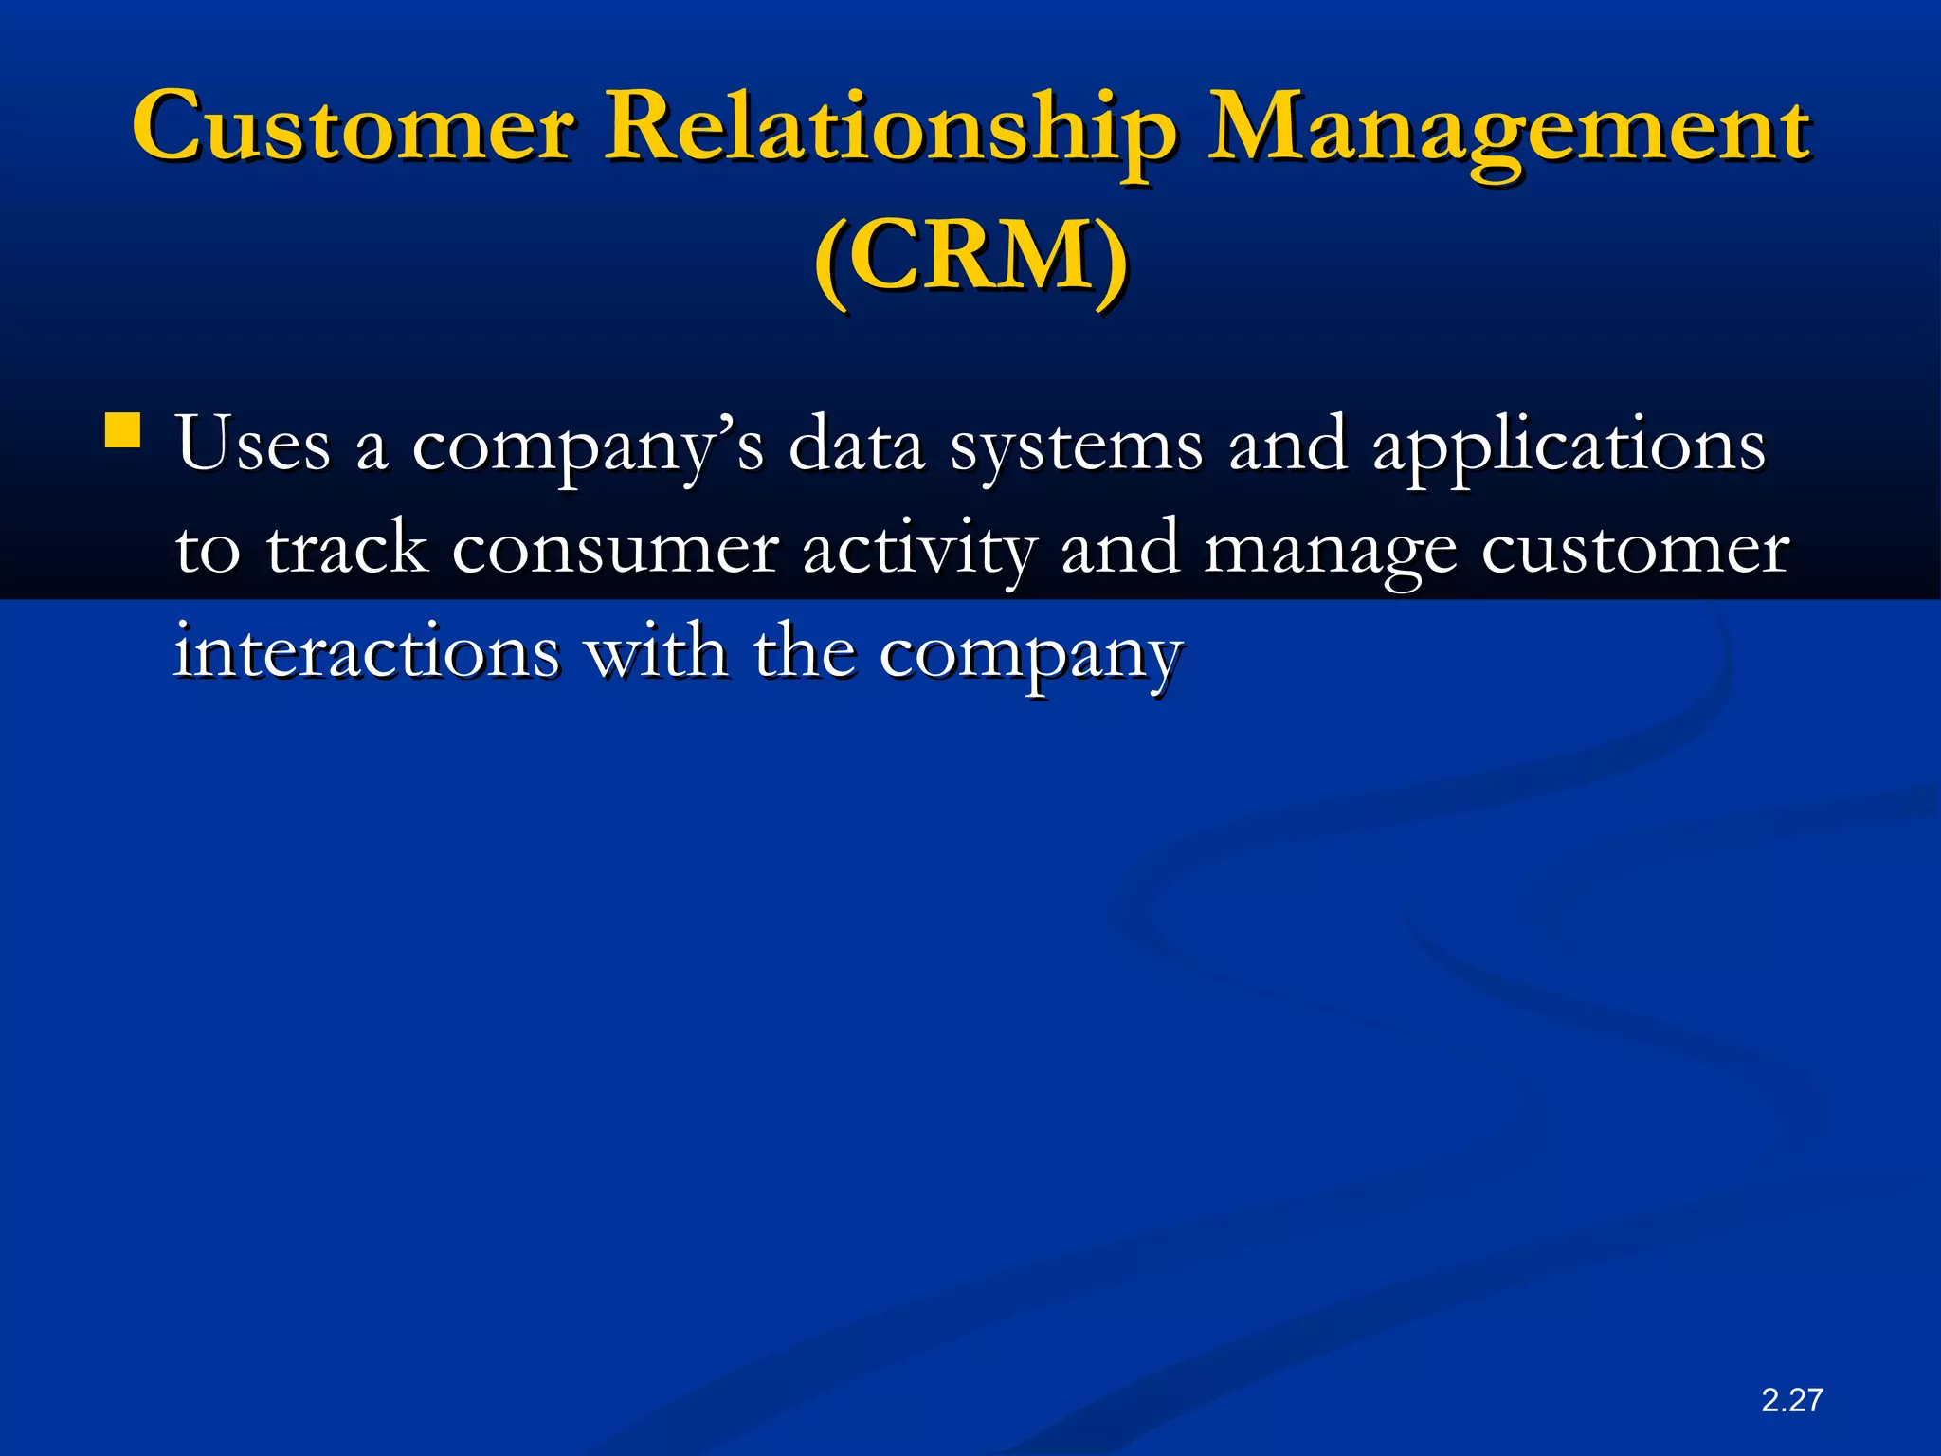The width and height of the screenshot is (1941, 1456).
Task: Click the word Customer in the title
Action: tap(353, 127)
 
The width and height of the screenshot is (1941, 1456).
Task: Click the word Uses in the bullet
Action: tap(253, 444)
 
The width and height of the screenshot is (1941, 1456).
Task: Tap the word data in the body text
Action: tap(856, 444)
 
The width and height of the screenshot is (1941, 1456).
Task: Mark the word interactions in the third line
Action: tap(367, 652)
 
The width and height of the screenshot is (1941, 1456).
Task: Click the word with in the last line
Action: tap(657, 652)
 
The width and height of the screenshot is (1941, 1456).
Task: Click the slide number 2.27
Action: tap(1791, 1400)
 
